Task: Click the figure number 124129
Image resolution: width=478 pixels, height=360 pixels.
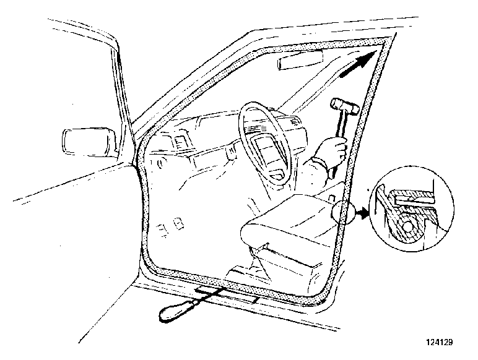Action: tap(439, 342)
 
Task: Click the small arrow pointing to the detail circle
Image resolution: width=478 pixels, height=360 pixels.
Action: tap(362, 212)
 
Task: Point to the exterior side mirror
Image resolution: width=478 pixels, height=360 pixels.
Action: tap(89, 142)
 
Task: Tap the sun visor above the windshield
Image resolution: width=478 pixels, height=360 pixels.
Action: tap(300, 60)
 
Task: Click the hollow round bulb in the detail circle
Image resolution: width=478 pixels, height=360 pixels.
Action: tap(408, 225)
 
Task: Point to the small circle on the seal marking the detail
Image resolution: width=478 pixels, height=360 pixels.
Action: tap(344, 212)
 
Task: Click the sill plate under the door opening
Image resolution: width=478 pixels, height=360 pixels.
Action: tap(227, 294)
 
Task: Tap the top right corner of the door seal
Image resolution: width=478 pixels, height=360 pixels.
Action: tap(389, 40)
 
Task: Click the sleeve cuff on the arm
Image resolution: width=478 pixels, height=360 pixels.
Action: tap(321, 166)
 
